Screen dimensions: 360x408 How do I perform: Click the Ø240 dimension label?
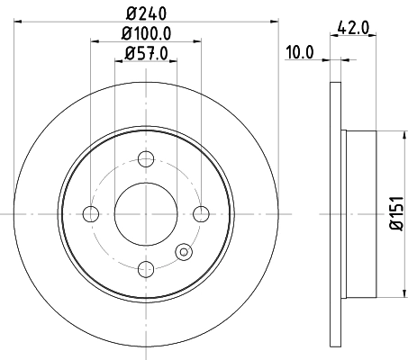pyautogui.click(x=145, y=12)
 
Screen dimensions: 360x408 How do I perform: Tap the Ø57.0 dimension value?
pyautogui.click(x=145, y=53)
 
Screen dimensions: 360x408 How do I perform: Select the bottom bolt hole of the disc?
pyautogui.click(x=145, y=268)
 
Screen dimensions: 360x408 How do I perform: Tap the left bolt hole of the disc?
pyautogui.click(x=90, y=213)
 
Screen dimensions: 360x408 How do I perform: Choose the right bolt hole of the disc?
pyautogui.click(x=200, y=213)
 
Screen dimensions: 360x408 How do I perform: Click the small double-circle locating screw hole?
pyautogui.click(x=185, y=253)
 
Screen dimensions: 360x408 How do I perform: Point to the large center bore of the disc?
pyautogui.click(x=145, y=213)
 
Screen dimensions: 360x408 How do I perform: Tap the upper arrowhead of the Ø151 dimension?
pyautogui.click(x=402, y=135)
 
